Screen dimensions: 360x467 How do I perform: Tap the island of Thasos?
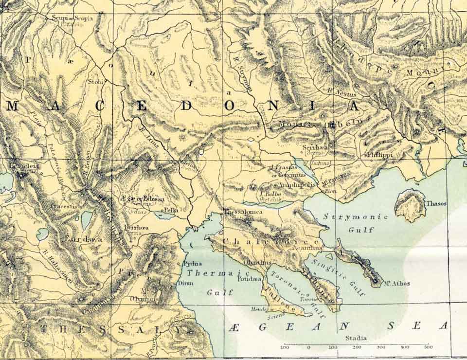point(410,205)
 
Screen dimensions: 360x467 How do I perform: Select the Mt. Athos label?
point(396,283)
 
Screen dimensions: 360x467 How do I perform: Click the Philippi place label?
point(380,155)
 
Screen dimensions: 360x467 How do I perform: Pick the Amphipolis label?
point(297,185)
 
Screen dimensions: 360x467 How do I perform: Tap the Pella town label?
point(171,209)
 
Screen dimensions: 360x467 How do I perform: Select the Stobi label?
point(96,82)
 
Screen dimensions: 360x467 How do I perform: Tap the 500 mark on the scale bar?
point(428,347)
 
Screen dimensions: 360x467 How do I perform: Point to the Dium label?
point(187,282)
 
